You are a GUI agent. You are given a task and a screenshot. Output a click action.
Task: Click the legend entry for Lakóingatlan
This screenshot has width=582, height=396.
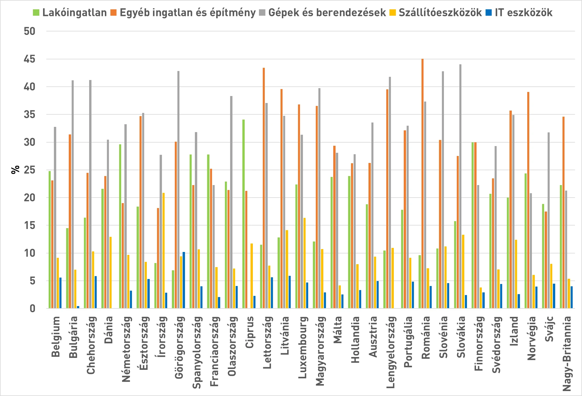[70, 13]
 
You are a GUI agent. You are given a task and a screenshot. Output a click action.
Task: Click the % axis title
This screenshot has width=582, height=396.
[15, 170]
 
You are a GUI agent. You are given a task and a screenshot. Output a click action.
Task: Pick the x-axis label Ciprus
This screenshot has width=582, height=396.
[250, 332]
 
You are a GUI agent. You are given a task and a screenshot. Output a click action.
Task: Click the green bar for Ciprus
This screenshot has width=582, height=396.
[244, 214]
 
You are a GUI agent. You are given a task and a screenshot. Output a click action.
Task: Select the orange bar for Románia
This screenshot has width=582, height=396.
[423, 184]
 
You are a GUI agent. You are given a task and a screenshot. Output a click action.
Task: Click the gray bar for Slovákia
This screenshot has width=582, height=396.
[460, 186]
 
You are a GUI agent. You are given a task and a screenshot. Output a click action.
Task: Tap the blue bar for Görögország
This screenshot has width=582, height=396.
[184, 280]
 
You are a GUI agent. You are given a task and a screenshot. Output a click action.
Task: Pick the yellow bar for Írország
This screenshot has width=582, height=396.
[163, 251]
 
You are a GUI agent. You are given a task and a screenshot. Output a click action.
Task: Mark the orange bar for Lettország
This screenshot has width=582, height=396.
[264, 188]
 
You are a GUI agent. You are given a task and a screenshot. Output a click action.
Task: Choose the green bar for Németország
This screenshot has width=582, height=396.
[120, 226]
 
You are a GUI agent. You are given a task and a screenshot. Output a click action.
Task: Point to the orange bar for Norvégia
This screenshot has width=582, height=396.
[528, 200]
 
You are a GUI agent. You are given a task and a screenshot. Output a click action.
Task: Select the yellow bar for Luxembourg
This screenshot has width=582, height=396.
[305, 263]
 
